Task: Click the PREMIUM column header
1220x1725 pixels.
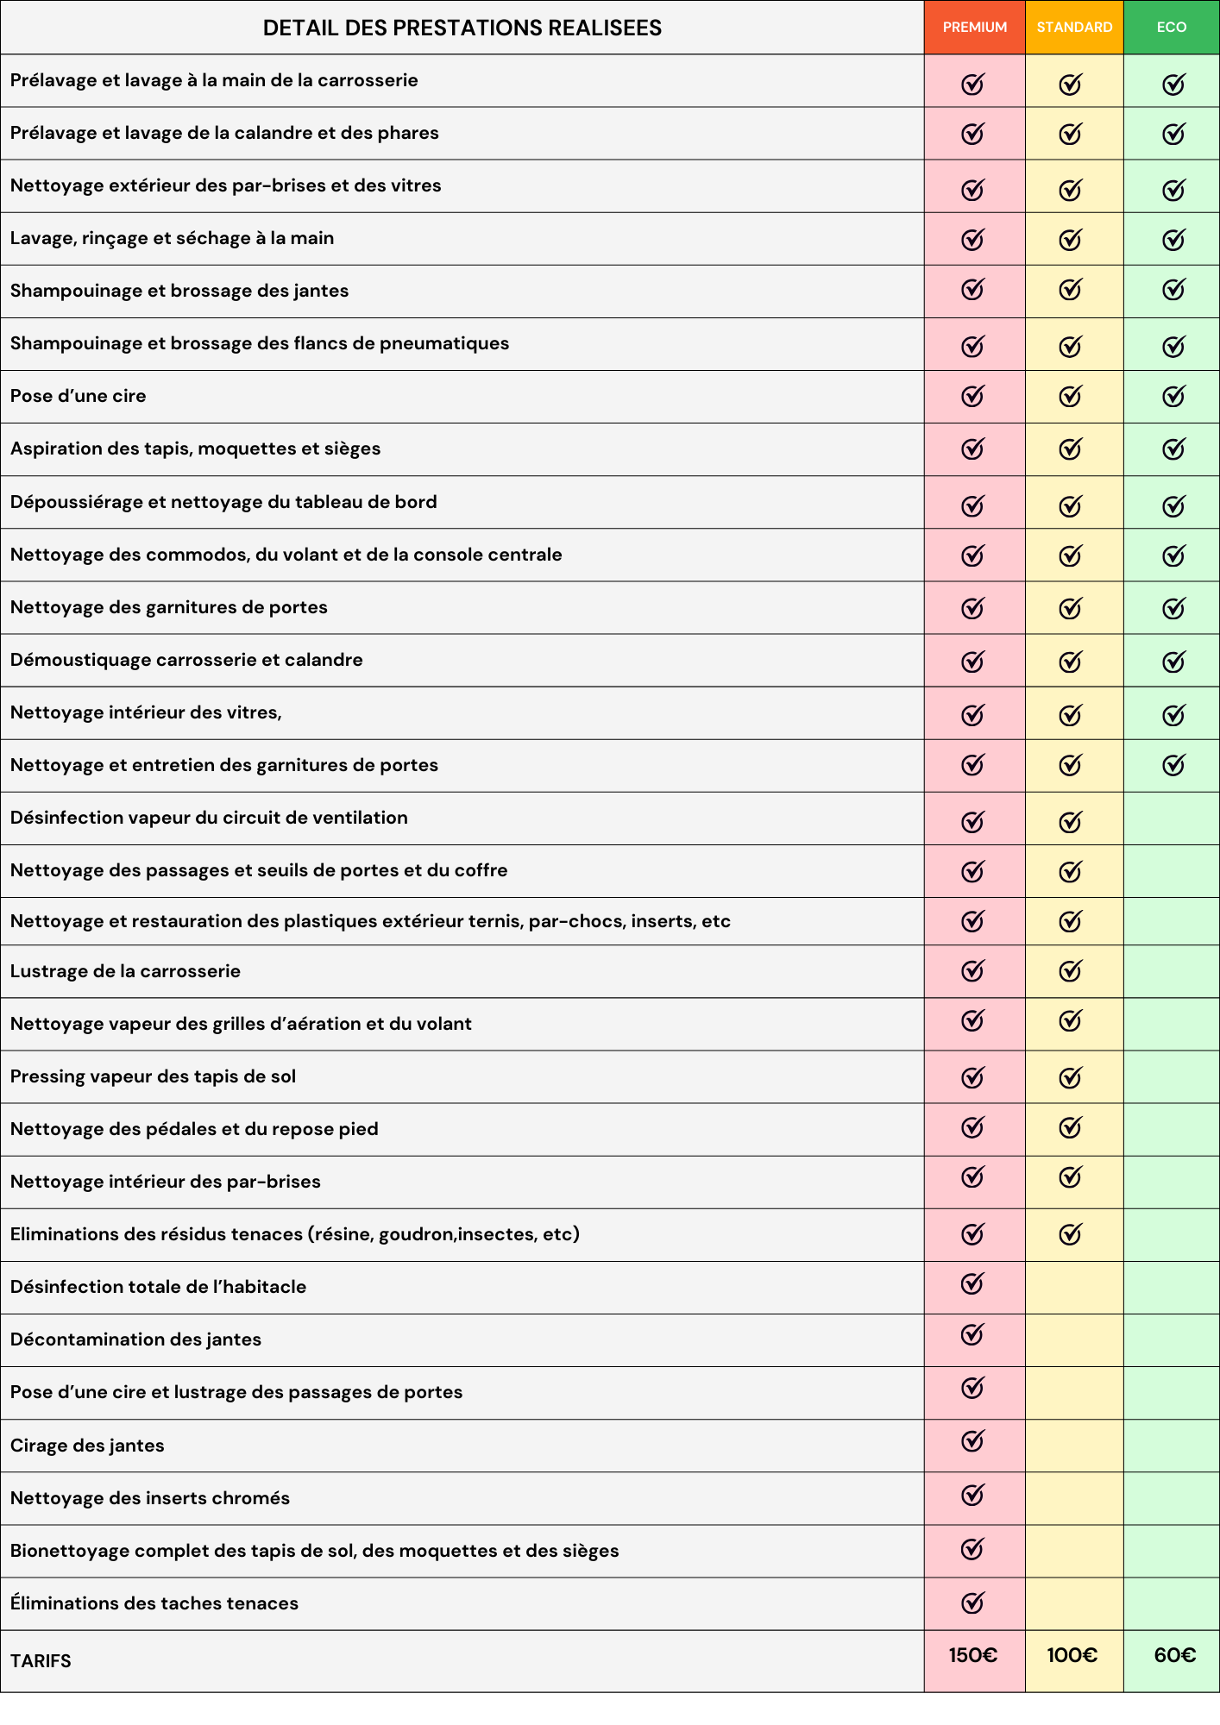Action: tap(974, 28)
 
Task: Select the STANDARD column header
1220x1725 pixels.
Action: tap(1074, 28)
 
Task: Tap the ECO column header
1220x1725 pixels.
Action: tap(1171, 28)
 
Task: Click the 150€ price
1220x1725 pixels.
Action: tap(973, 1655)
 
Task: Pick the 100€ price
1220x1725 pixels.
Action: tap(1072, 1655)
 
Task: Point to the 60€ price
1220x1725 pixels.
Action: tap(1174, 1655)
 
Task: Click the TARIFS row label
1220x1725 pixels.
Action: tap(41, 1661)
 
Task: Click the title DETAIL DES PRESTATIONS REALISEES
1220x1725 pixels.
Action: tap(462, 28)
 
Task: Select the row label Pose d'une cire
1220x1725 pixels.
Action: tap(79, 396)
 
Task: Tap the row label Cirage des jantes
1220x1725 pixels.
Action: tap(87, 1446)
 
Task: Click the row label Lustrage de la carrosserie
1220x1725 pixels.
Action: tap(125, 971)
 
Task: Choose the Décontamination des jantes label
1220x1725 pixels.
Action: tap(135, 1339)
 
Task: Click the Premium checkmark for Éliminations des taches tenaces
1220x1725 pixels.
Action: tap(972, 1603)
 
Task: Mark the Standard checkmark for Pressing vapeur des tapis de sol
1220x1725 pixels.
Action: tap(1070, 1076)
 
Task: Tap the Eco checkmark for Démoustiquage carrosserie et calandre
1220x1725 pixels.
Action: tap(1173, 662)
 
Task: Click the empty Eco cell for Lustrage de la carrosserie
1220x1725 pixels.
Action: tap(1171, 971)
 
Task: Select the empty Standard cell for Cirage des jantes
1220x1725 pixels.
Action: tap(1074, 1446)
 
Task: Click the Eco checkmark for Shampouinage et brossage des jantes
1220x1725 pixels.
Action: tap(1173, 290)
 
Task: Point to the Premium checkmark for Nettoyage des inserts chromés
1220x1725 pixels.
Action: tap(972, 1495)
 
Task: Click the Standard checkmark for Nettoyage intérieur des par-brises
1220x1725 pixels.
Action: tap(1070, 1177)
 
